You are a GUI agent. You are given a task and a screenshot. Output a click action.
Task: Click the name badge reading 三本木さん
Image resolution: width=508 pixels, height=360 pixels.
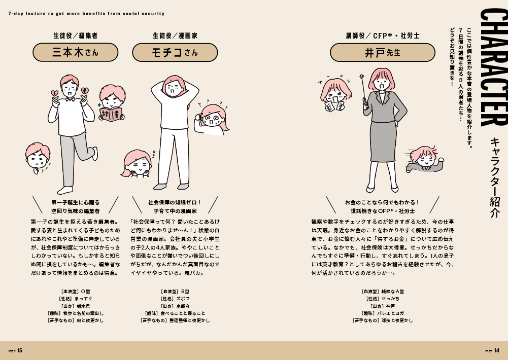point(76,52)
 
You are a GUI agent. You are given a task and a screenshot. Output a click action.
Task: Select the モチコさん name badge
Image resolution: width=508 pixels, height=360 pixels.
point(175,52)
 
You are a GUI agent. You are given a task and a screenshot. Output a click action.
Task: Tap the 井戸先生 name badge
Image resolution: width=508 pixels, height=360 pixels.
point(383,52)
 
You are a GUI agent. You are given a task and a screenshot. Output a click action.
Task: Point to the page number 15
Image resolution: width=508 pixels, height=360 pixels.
point(19,350)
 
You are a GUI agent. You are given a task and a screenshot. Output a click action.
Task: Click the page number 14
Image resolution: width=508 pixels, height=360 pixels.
point(497,350)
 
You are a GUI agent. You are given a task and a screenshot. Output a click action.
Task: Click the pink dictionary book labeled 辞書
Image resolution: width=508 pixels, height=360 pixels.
point(111,114)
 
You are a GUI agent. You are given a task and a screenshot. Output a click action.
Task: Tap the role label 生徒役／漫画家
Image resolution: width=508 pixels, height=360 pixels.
point(175,35)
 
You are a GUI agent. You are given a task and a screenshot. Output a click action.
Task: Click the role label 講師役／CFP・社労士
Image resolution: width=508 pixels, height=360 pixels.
point(383,35)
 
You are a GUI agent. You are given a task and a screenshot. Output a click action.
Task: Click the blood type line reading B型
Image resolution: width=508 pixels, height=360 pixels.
point(175,292)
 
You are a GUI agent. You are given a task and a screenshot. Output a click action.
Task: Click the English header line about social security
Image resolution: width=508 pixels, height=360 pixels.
point(86,14)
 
